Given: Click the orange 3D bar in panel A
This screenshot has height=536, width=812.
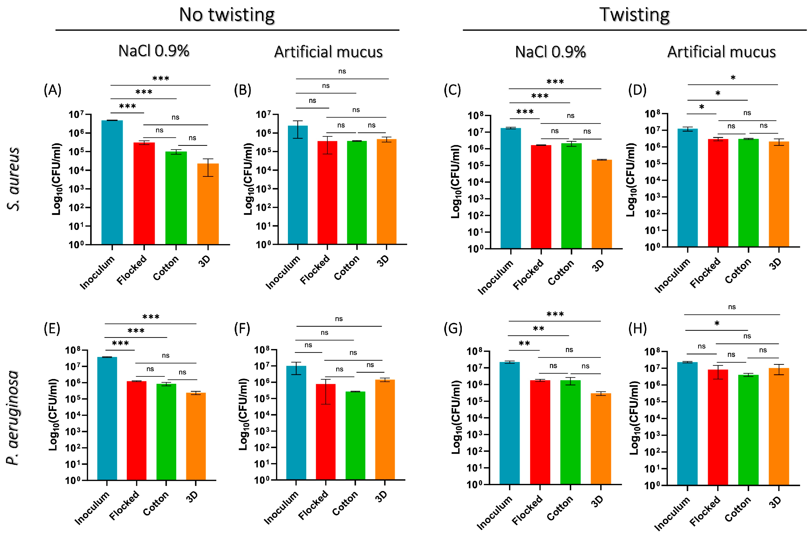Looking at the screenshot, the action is pyautogui.click(x=208, y=204).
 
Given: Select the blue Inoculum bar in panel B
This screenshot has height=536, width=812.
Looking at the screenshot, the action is pyautogui.click(x=298, y=185).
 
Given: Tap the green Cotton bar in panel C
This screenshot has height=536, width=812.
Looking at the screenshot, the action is pyautogui.click(x=571, y=196).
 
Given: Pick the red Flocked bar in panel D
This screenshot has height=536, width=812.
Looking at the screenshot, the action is pyautogui.click(x=718, y=193).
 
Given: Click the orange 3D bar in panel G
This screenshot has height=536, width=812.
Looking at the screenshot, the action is pyautogui.click(x=601, y=439).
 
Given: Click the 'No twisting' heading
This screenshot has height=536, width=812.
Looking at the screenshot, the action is pyautogui.click(x=227, y=15).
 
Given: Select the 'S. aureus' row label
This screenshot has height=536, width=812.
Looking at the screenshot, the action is pyautogui.click(x=14, y=179).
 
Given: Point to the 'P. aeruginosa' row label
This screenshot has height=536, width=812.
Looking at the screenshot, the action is pyautogui.click(x=13, y=417).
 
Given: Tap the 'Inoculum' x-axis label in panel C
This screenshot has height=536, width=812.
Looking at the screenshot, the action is pyautogui.click(x=495, y=277).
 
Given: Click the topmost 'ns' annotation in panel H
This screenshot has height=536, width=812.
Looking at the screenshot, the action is pyautogui.click(x=732, y=307).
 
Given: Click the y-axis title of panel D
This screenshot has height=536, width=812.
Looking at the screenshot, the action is pyautogui.click(x=631, y=180).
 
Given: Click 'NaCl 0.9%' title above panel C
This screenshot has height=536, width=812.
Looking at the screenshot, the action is pyautogui.click(x=550, y=52).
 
